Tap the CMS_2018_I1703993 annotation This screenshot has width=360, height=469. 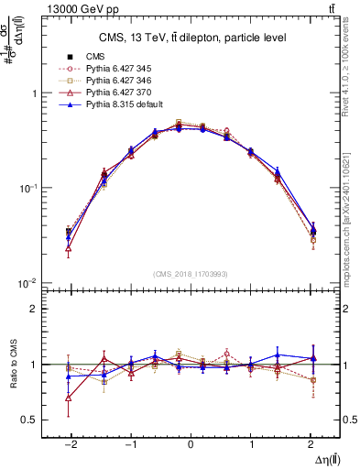190,274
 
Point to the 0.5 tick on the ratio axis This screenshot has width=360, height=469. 27,420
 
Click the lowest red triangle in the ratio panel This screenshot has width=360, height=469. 70,398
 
